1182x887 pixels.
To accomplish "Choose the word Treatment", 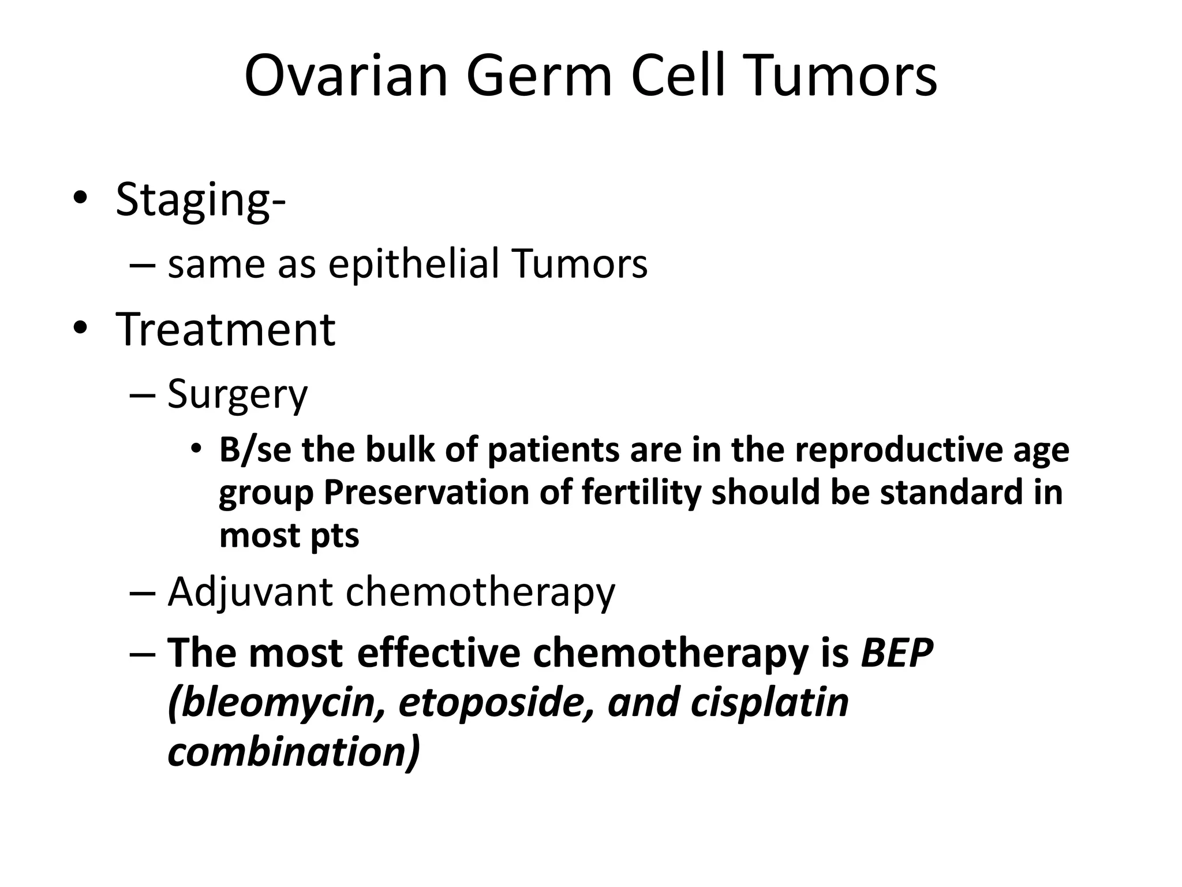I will point(225,330).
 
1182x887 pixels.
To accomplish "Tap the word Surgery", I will point(237,396).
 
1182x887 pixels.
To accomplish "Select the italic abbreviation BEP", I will point(896,653).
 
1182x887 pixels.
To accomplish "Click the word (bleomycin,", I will point(276,703).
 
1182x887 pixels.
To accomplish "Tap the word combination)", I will point(294,752).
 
